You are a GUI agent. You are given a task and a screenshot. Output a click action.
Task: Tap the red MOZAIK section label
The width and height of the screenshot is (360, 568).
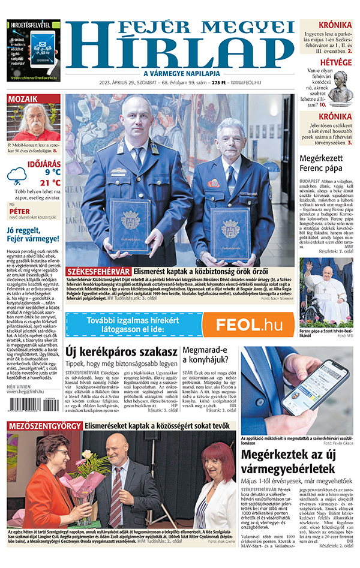pos(23,99)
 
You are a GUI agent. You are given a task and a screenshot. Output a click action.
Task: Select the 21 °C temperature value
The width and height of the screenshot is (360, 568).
pos(50,182)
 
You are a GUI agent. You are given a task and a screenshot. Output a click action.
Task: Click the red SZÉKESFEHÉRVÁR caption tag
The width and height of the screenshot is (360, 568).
pos(99,272)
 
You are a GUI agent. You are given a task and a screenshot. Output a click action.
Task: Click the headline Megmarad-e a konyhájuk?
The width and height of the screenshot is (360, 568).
pos(205,354)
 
